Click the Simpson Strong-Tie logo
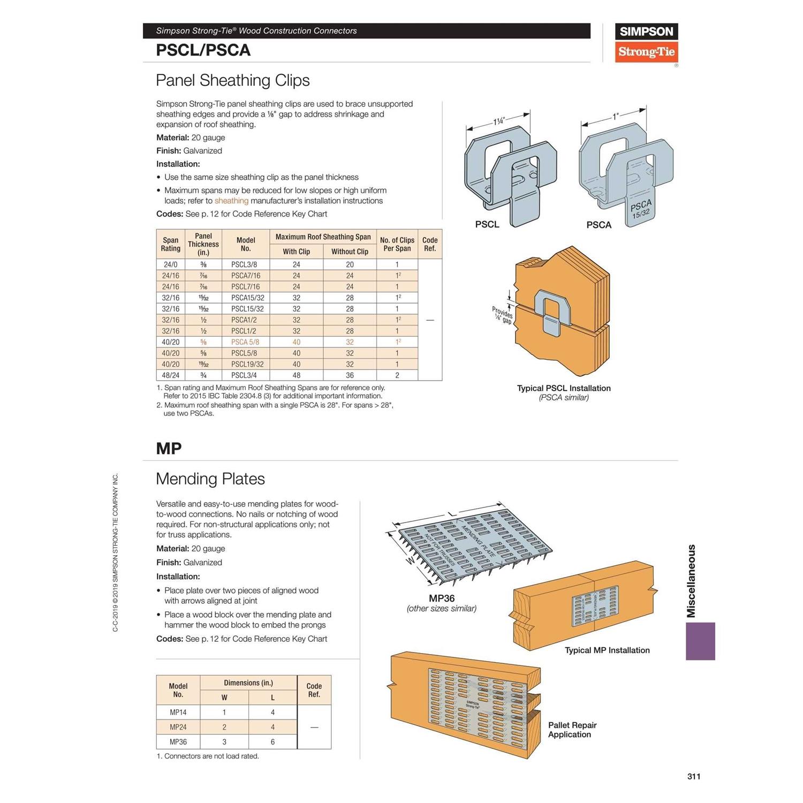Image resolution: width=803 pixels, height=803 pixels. [646, 43]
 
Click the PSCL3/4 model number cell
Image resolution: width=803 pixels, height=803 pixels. [244, 375]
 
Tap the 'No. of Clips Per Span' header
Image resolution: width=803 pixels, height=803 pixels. [397, 244]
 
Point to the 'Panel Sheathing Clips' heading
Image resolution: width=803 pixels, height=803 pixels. [232, 80]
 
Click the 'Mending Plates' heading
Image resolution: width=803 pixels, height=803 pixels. [210, 479]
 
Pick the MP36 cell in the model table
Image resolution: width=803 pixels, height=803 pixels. [178, 742]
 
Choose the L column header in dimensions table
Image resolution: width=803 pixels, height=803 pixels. [272, 698]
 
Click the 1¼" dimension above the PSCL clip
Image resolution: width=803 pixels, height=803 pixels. [498, 121]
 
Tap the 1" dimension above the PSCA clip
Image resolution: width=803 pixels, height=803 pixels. [616, 116]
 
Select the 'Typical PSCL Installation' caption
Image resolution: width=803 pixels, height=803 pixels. [564, 388]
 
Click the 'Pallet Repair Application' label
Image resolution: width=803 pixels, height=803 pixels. [572, 730]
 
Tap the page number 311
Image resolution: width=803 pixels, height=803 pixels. [694, 776]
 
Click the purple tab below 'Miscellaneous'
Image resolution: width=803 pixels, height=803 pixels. [700, 641]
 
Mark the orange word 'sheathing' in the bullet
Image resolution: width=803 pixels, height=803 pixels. [231, 201]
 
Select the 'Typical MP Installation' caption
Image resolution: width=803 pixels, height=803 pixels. [607, 650]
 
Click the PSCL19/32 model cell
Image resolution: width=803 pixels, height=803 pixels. [247, 364]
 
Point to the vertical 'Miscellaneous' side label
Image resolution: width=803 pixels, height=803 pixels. [692, 581]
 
